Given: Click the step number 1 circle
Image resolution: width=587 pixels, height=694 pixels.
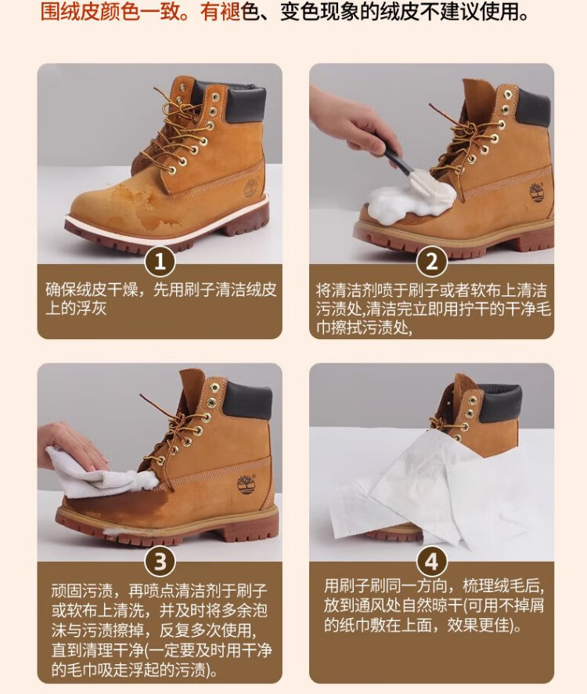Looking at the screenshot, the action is [160, 262].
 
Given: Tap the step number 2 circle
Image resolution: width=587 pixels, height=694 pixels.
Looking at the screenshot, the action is [431, 262].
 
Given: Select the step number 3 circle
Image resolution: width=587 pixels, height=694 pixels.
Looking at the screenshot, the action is [160, 562].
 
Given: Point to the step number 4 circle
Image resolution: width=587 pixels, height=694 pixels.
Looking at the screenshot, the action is [431, 562].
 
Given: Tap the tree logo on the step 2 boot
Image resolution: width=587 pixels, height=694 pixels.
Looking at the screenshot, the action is [537, 193].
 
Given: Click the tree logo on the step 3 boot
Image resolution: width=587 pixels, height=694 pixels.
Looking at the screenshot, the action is [246, 484].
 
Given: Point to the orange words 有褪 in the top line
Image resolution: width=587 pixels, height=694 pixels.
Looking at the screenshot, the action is [220, 12].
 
